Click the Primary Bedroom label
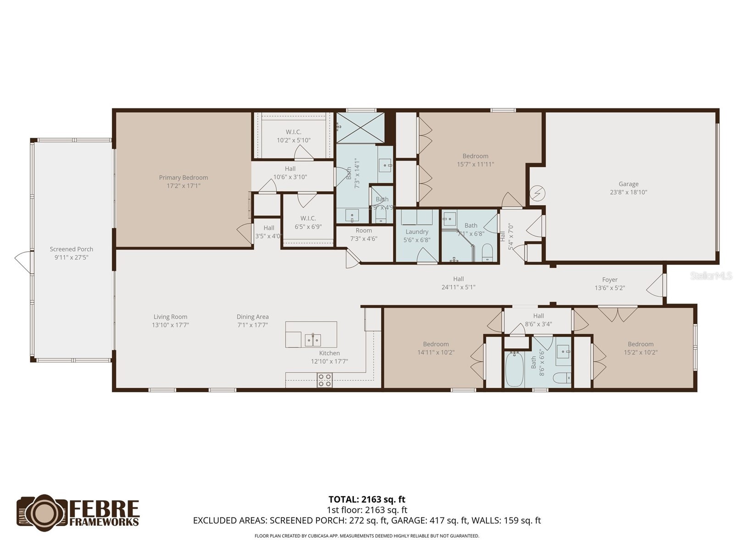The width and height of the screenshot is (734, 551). click(x=183, y=178)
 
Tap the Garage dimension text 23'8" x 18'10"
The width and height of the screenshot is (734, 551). click(x=628, y=192)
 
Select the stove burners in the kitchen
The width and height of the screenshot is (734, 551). click(x=325, y=380)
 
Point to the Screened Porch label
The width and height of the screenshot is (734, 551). click(x=72, y=249)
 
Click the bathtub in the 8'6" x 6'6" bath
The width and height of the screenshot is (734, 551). click(x=514, y=370)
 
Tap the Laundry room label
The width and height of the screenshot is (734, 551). click(x=417, y=232)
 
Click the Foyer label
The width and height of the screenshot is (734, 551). click(x=610, y=280)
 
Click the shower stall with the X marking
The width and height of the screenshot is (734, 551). click(x=360, y=128)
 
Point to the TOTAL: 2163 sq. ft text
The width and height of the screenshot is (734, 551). click(x=367, y=500)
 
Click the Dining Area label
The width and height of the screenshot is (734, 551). click(x=252, y=317)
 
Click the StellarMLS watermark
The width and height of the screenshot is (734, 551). click(x=711, y=276)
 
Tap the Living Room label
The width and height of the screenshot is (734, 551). click(x=170, y=317)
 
